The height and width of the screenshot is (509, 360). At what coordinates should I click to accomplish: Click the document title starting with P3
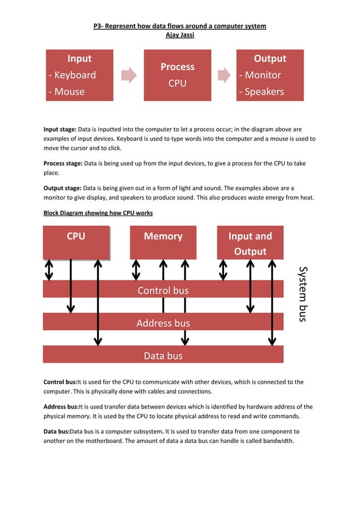click(x=179, y=26)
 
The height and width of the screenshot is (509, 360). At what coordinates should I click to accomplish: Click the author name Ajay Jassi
click(x=179, y=35)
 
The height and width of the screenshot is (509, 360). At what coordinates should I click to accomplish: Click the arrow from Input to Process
click(x=129, y=75)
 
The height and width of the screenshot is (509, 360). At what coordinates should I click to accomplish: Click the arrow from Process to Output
click(x=223, y=75)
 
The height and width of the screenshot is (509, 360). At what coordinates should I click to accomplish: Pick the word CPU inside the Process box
click(x=177, y=84)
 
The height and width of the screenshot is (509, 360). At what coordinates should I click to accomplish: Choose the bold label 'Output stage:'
click(x=63, y=188)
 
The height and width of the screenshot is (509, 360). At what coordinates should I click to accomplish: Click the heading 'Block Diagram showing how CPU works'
click(x=98, y=213)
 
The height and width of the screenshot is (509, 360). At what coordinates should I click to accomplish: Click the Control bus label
click(x=163, y=291)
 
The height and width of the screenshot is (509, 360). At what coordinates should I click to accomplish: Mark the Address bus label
click(x=163, y=323)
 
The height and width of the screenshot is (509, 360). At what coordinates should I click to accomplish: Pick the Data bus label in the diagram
click(x=163, y=356)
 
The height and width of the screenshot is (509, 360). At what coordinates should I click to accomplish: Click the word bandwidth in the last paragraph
click(x=276, y=441)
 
